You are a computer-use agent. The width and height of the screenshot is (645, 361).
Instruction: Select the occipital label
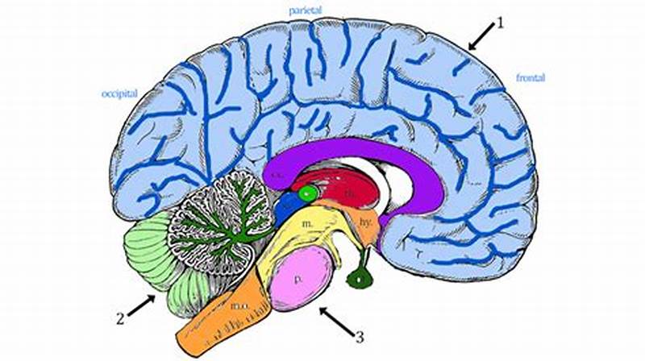[x=119, y=93]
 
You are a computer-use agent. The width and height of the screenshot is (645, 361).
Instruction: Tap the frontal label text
[x=531, y=78]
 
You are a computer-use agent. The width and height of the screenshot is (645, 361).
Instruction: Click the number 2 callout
[x=120, y=317]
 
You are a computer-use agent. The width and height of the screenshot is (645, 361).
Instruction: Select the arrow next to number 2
[x=142, y=306]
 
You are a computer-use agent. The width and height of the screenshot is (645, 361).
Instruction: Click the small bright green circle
[x=306, y=193]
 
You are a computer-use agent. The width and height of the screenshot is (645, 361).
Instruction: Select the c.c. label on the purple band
[x=277, y=172]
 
